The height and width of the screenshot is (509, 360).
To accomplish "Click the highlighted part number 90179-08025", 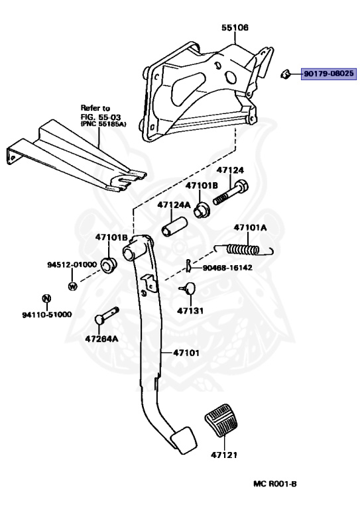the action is pyautogui.click(x=329, y=74).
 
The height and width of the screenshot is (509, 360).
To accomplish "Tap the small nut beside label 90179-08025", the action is pyautogui.click(x=285, y=74).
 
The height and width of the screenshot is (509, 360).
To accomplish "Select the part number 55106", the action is pyautogui.click(x=235, y=28).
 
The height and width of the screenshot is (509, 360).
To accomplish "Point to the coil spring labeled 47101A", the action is pyautogui.click(x=243, y=249).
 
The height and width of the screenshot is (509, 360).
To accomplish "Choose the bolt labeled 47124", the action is pyautogui.click(x=231, y=193).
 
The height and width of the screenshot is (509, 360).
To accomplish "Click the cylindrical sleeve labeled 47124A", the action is pyautogui.click(x=174, y=226).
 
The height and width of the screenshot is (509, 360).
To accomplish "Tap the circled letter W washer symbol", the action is pyautogui.click(x=73, y=286).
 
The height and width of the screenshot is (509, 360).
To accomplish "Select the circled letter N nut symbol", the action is pyautogui.click(x=47, y=298).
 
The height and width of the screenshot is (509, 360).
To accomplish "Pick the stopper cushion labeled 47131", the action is pyautogui.click(x=188, y=288).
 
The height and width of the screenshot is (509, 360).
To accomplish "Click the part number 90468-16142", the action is pyautogui.click(x=227, y=268).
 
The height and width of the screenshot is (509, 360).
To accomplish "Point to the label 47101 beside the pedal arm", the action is pyautogui.click(x=186, y=353).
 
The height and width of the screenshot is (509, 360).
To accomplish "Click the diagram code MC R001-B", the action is pyautogui.click(x=274, y=484).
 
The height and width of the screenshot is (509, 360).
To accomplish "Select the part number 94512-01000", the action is pyautogui.click(x=72, y=264).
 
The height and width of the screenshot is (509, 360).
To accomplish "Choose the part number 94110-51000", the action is pyautogui.click(x=47, y=315).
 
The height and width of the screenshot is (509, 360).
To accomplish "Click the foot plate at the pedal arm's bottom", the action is pyautogui.click(x=183, y=439).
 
